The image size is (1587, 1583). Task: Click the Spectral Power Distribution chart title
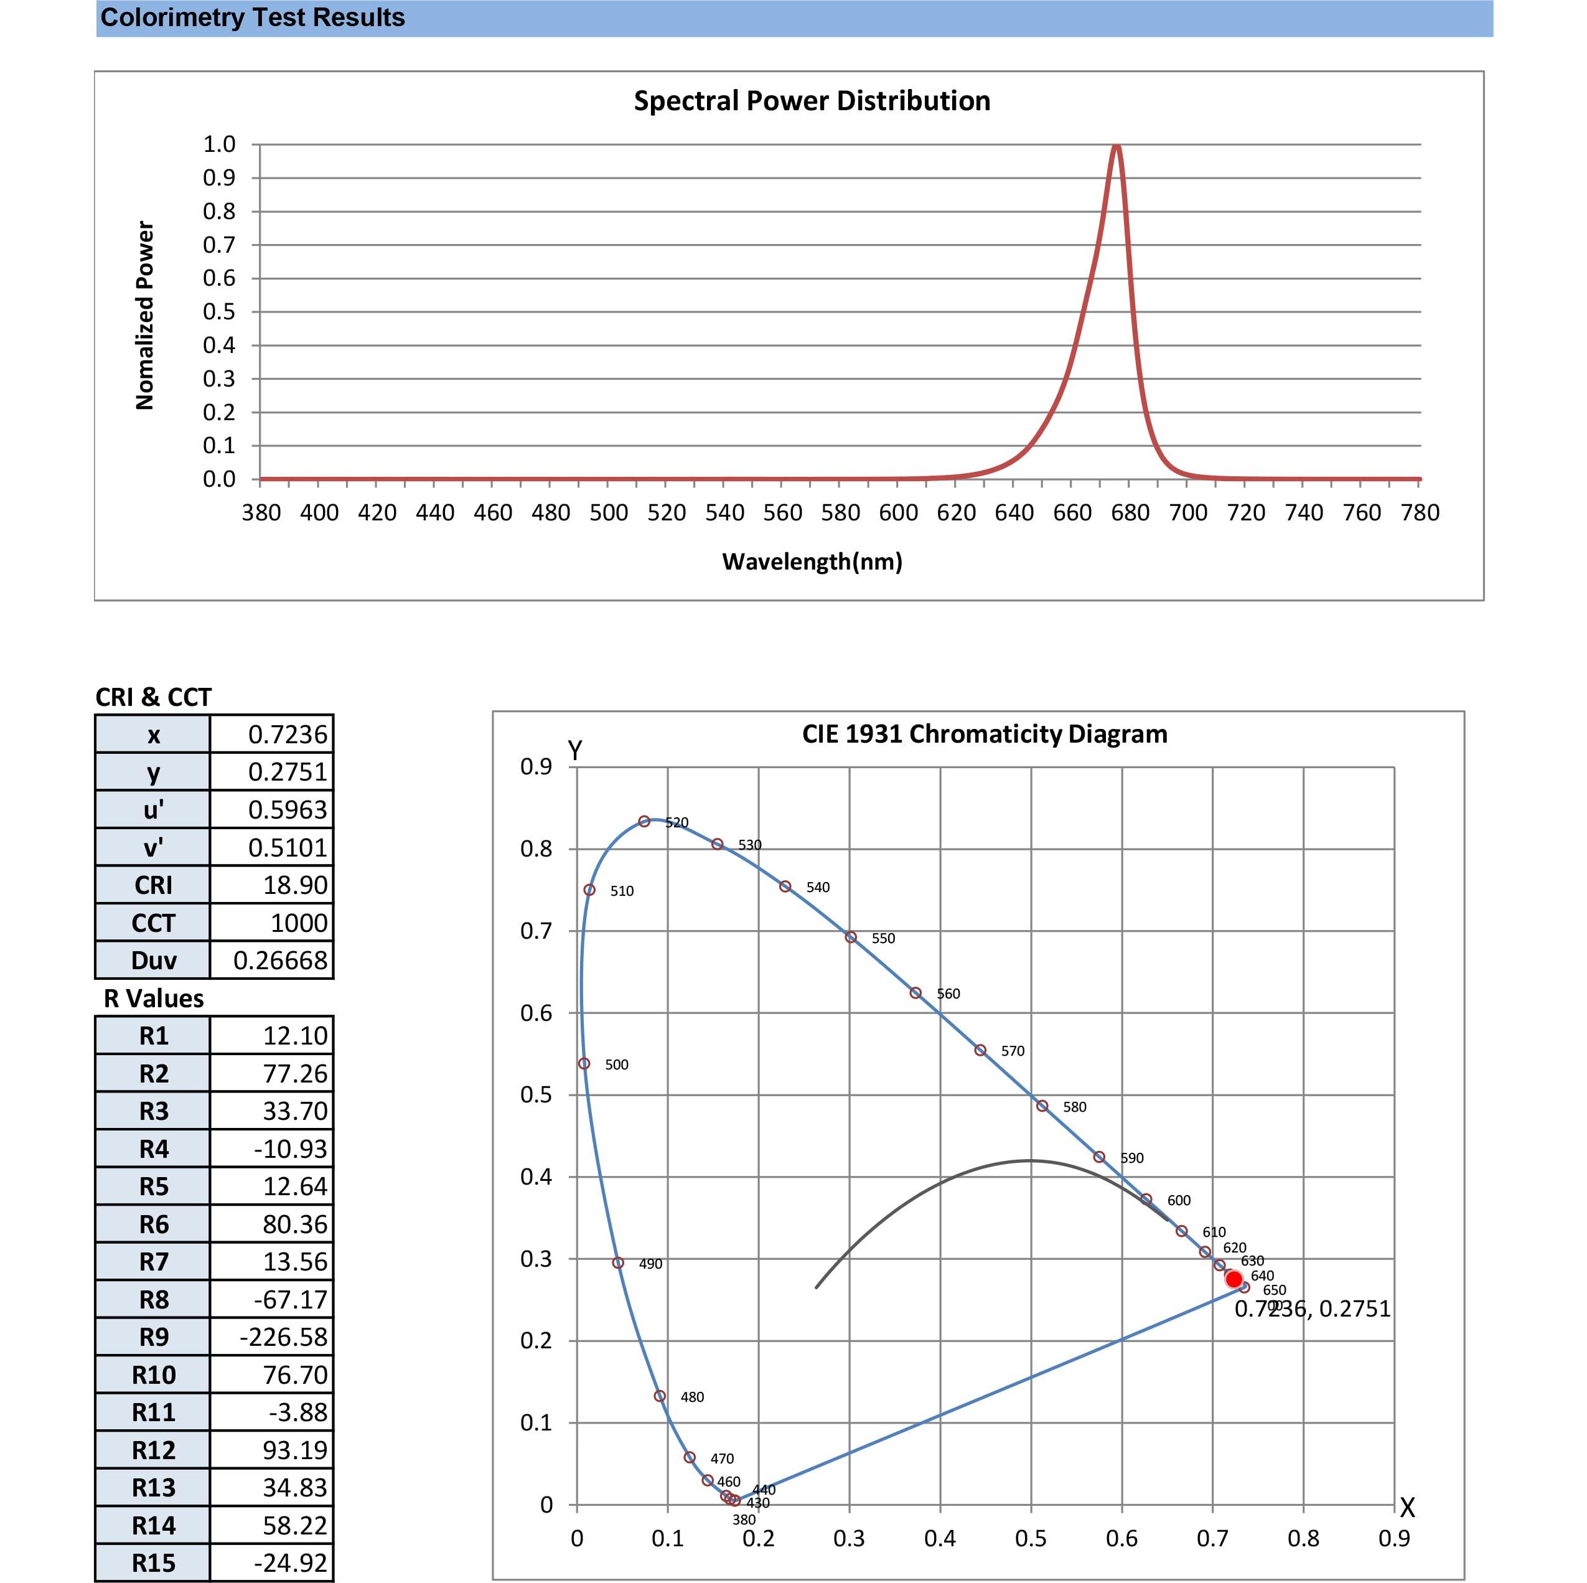point(812,101)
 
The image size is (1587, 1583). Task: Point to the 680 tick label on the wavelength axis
point(1130,512)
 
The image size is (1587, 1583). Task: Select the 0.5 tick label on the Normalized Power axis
point(218,312)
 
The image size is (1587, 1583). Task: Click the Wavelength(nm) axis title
point(812,562)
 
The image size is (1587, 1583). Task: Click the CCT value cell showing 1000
point(272,923)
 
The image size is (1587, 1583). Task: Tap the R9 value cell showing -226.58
point(272,1336)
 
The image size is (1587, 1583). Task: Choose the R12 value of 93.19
point(272,1450)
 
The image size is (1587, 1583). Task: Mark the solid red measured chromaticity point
point(1234,1279)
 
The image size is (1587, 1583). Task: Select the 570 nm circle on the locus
point(980,1050)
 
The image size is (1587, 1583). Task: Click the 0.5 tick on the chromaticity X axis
point(1030,1538)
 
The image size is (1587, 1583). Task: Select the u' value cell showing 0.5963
point(272,810)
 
